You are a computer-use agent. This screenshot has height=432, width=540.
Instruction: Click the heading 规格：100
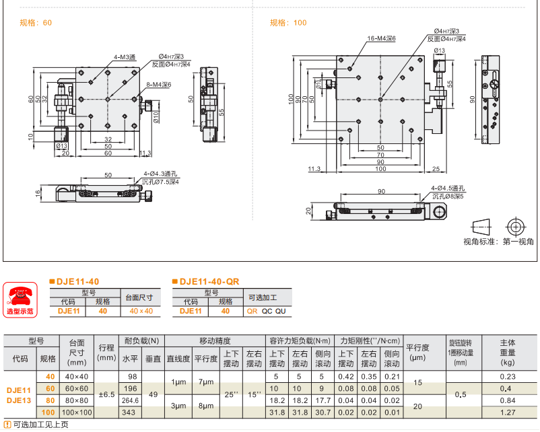click(x=288, y=23)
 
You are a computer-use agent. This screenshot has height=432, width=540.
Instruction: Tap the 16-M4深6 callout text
click(x=381, y=38)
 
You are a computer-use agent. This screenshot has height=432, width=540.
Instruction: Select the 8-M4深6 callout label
click(x=159, y=85)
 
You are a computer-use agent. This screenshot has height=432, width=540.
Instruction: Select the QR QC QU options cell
click(x=266, y=312)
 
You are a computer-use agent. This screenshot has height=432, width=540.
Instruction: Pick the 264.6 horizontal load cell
click(x=132, y=400)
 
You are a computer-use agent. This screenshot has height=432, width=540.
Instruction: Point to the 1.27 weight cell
click(x=507, y=412)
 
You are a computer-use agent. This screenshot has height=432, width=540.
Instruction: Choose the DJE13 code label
click(x=18, y=400)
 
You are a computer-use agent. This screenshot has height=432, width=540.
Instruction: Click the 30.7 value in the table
click(x=323, y=412)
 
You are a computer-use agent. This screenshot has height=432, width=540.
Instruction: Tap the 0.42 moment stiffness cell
click(x=347, y=376)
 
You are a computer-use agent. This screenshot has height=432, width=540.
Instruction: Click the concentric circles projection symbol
click(x=516, y=225)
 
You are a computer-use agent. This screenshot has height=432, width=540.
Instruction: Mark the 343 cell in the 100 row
click(x=132, y=412)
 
